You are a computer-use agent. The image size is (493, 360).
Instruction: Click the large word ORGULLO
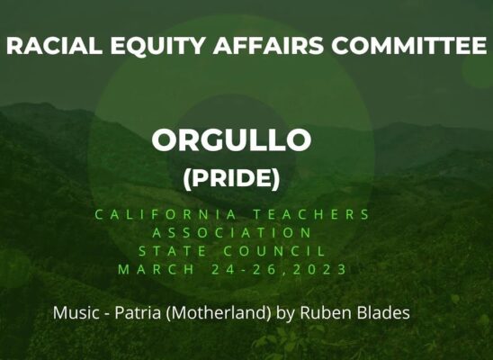coord(231,139)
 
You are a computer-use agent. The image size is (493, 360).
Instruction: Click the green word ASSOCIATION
coord(231,232)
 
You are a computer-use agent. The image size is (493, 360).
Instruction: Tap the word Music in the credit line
coord(74,313)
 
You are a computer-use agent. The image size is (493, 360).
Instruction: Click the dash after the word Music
coord(103,314)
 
